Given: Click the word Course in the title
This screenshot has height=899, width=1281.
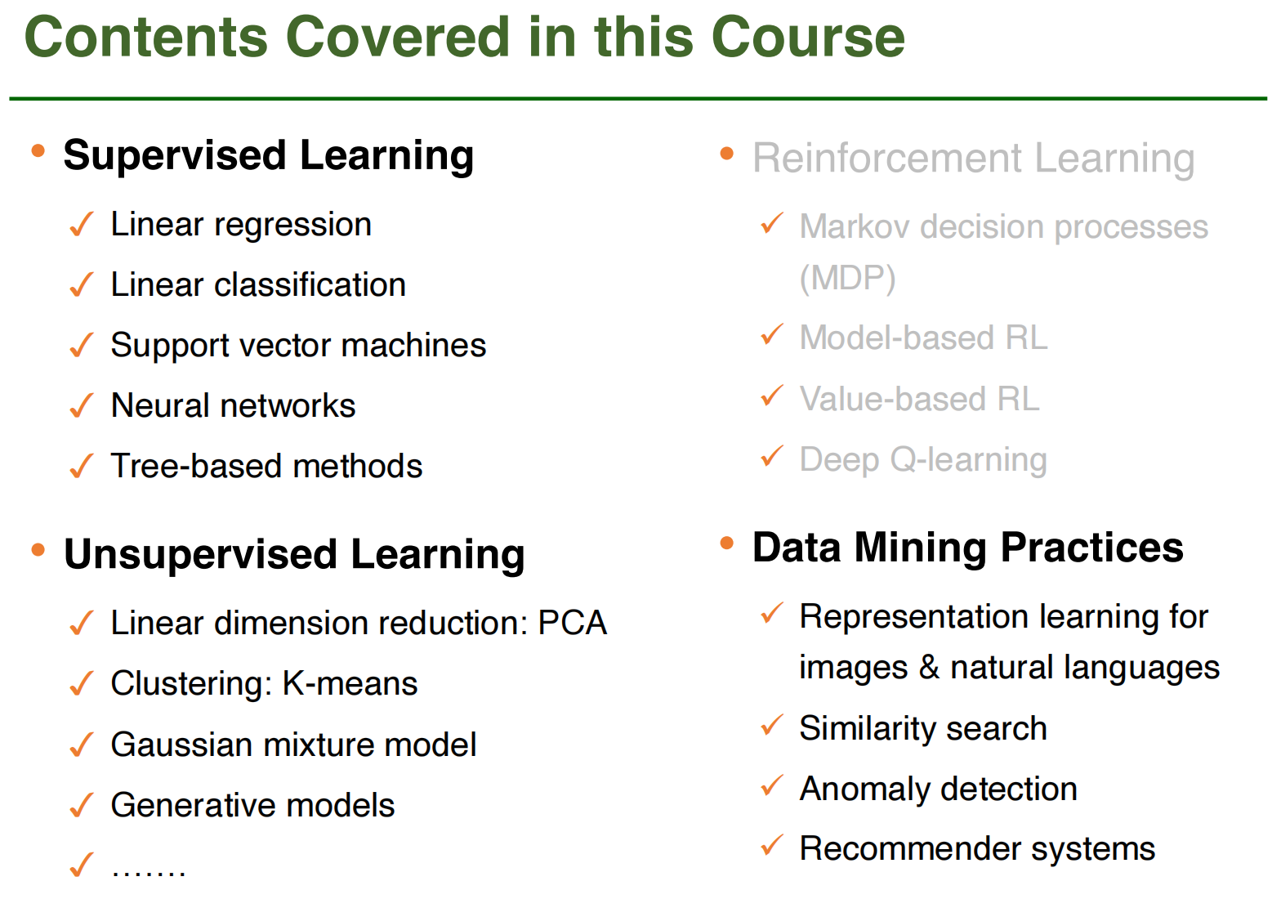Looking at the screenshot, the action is tap(807, 38).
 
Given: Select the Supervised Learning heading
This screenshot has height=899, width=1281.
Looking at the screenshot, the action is tap(268, 155).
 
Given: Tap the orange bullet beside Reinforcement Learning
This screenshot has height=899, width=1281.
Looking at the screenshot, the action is tap(726, 154).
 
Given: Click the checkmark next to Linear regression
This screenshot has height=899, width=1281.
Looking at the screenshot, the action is tap(81, 224).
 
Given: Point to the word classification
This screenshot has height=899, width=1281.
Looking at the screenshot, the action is tap(310, 284).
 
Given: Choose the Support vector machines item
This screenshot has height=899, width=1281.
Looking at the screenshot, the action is tap(298, 346).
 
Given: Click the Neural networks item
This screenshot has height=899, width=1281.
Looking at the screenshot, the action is tap(233, 405).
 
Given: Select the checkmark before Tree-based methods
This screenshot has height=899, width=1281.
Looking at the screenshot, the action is tap(81, 466).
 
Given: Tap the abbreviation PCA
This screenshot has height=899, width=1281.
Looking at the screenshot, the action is tap(572, 623).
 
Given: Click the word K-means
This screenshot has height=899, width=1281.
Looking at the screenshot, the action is tap(350, 683).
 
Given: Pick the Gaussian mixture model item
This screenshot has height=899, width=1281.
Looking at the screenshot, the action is tap(293, 745).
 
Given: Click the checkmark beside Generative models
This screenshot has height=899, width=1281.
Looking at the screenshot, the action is tap(81, 805).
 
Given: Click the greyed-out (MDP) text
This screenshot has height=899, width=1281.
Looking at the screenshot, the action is tap(847, 279).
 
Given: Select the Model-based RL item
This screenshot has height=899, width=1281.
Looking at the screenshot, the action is tap(923, 338).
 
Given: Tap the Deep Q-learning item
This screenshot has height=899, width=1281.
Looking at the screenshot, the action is tap(923, 460).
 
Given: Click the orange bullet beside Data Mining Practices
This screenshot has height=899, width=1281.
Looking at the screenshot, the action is tap(726, 543).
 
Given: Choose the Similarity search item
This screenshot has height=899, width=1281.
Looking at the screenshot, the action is tap(923, 728).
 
